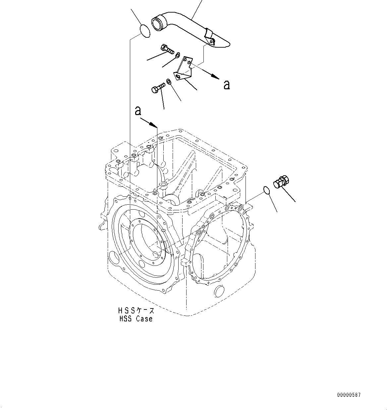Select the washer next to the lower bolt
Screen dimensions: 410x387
(169, 81)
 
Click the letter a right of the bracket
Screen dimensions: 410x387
(227, 85)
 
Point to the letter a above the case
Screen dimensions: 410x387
(138, 111)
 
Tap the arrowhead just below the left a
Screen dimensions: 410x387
(153, 125)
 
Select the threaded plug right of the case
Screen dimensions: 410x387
(282, 182)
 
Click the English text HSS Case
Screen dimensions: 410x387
(136, 319)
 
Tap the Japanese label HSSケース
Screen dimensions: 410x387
(136, 311)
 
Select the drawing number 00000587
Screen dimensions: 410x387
(349, 395)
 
